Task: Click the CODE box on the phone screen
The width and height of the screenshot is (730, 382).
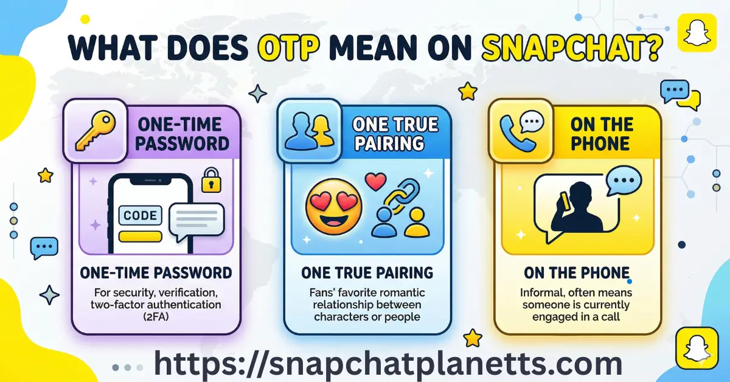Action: (x=139, y=215)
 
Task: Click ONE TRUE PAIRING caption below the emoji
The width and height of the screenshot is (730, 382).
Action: (x=367, y=272)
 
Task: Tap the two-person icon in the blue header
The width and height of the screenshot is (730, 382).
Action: (x=305, y=133)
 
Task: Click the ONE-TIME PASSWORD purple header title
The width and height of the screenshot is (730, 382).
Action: (x=183, y=134)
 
